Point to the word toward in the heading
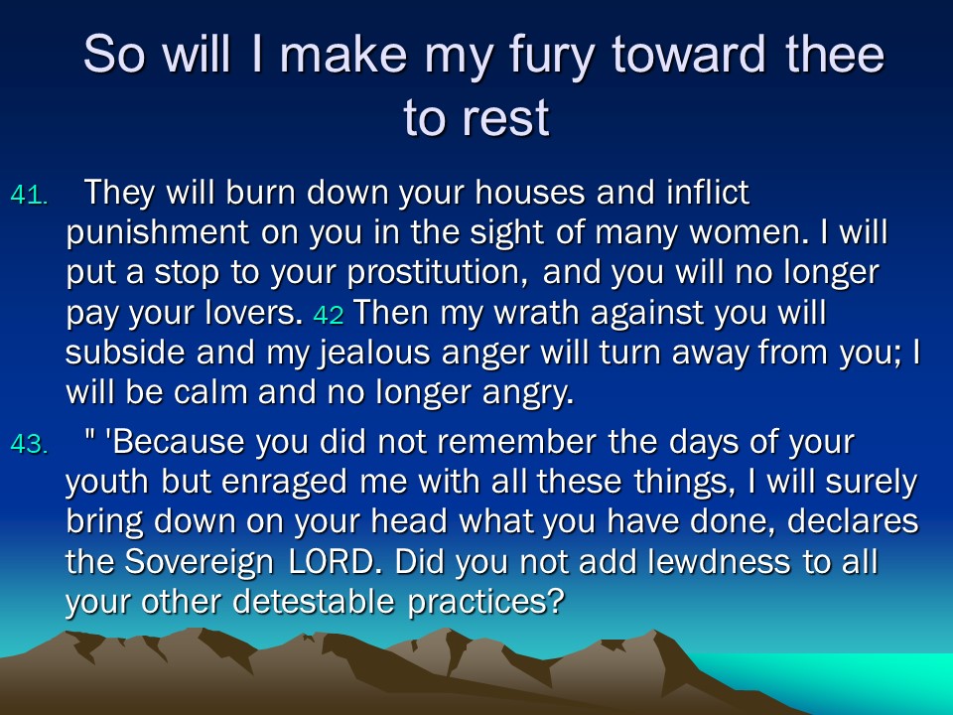point(688,54)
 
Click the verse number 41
point(29,196)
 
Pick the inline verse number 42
point(329,316)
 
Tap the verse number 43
point(29,445)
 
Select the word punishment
point(158,233)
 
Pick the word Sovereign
point(200,562)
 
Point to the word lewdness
point(719,562)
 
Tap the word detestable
point(314,603)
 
